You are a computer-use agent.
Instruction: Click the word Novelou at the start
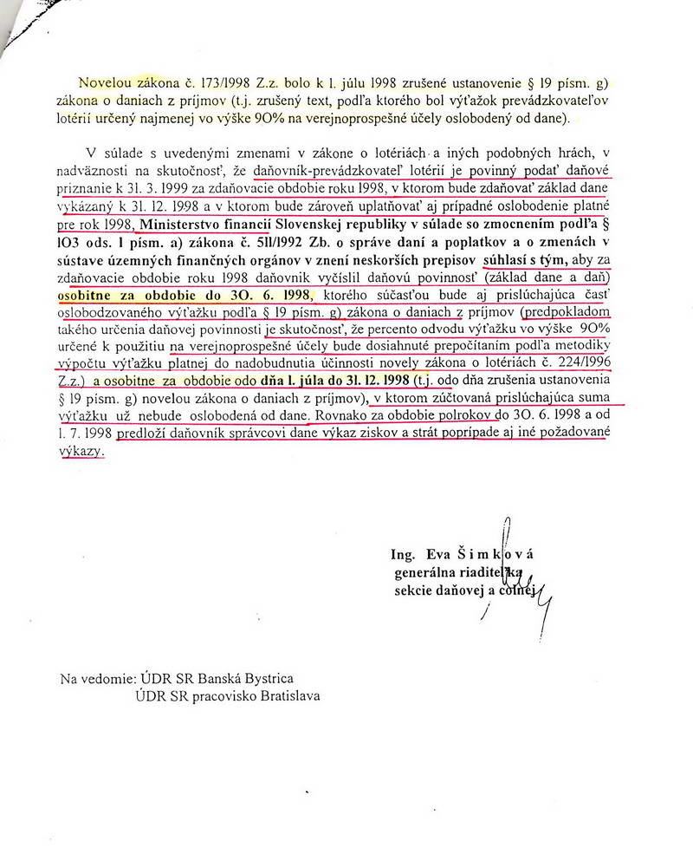coord(107,83)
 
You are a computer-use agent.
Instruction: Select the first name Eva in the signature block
coord(444,555)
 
